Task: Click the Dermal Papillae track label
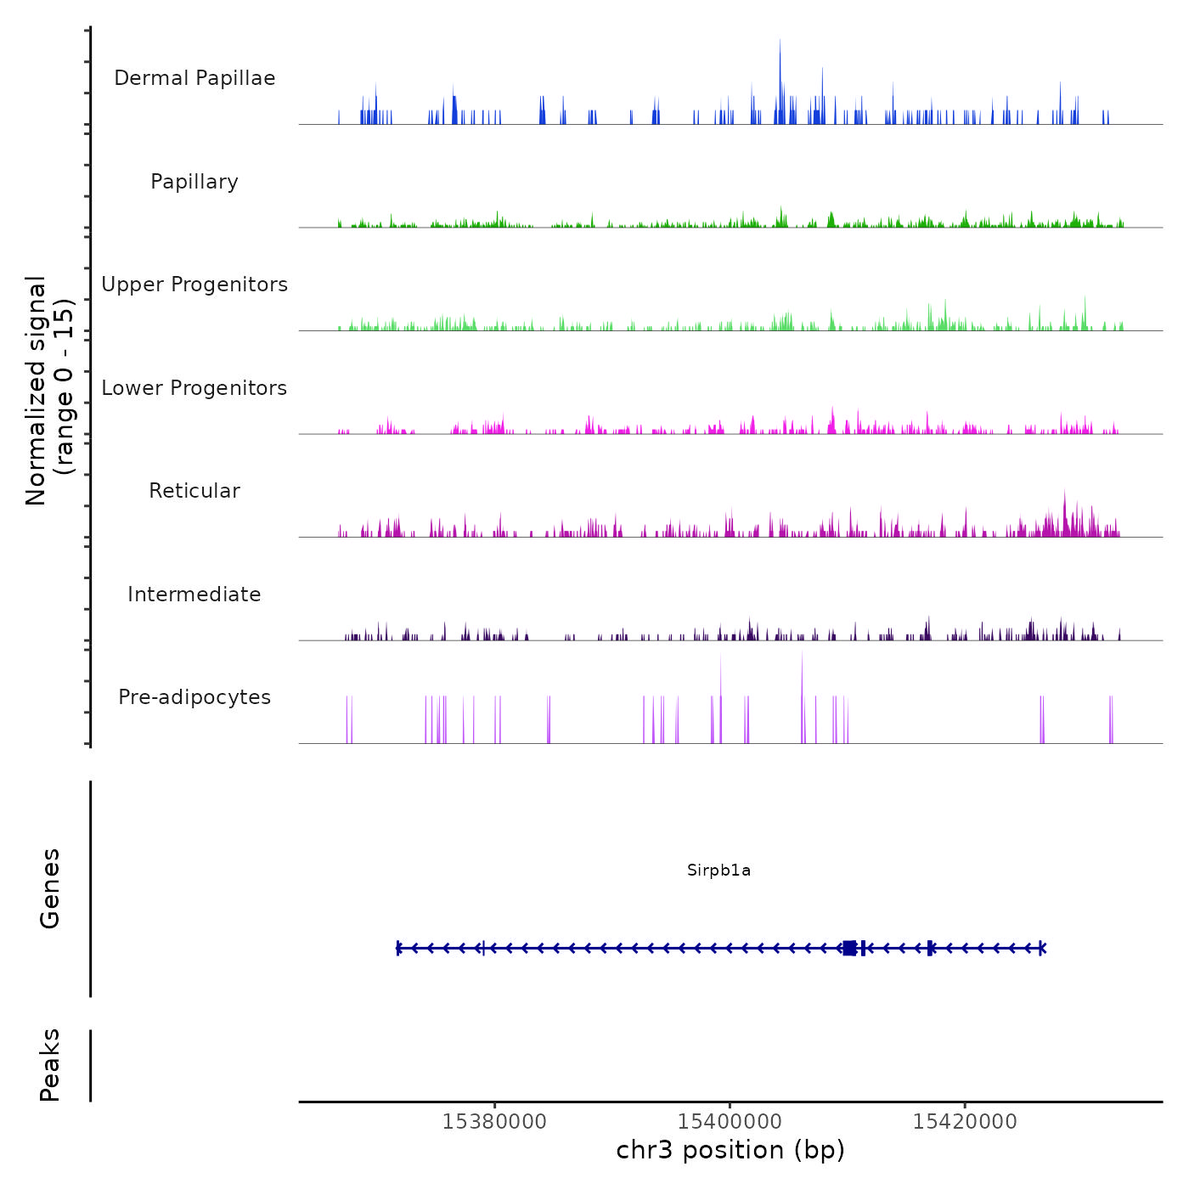pos(194,78)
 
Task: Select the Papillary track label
pos(194,182)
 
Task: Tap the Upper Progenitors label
pos(194,285)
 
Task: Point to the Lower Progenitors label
pos(194,388)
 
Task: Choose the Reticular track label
pos(194,491)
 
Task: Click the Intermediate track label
pos(194,594)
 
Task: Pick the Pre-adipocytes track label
pos(194,697)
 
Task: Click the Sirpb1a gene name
pos(718,871)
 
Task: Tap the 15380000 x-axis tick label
pos(494,1122)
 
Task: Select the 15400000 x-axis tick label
pos(730,1122)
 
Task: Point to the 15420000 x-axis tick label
pos(965,1122)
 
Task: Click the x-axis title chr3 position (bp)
pos(730,1151)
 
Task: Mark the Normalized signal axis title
pos(49,390)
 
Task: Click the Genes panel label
pos(50,888)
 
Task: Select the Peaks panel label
pos(50,1065)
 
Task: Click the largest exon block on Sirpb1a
pos(849,948)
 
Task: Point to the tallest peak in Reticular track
pos(1064,501)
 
